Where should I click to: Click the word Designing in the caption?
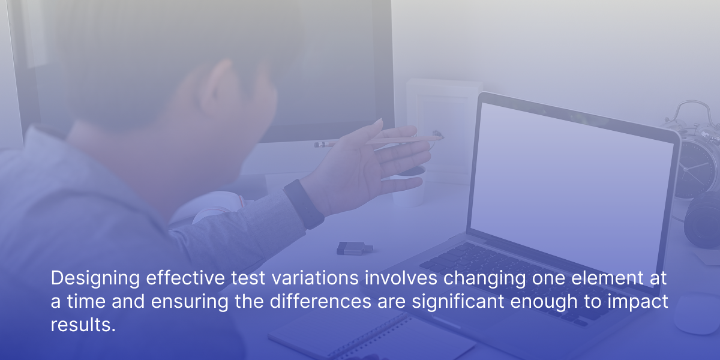pyautogui.click(x=95, y=278)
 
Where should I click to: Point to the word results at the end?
pyautogui.click(x=83, y=325)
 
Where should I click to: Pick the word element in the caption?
pyautogui.click(x=607, y=278)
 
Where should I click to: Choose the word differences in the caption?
pyautogui.click(x=320, y=301)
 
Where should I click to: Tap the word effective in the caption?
pyautogui.click(x=185, y=278)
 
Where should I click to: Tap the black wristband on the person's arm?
pyautogui.click(x=304, y=204)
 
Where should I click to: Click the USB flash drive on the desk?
pyautogui.click(x=355, y=248)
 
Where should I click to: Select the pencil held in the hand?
pyautogui.click(x=379, y=141)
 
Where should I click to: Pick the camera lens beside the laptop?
pyautogui.click(x=703, y=220)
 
